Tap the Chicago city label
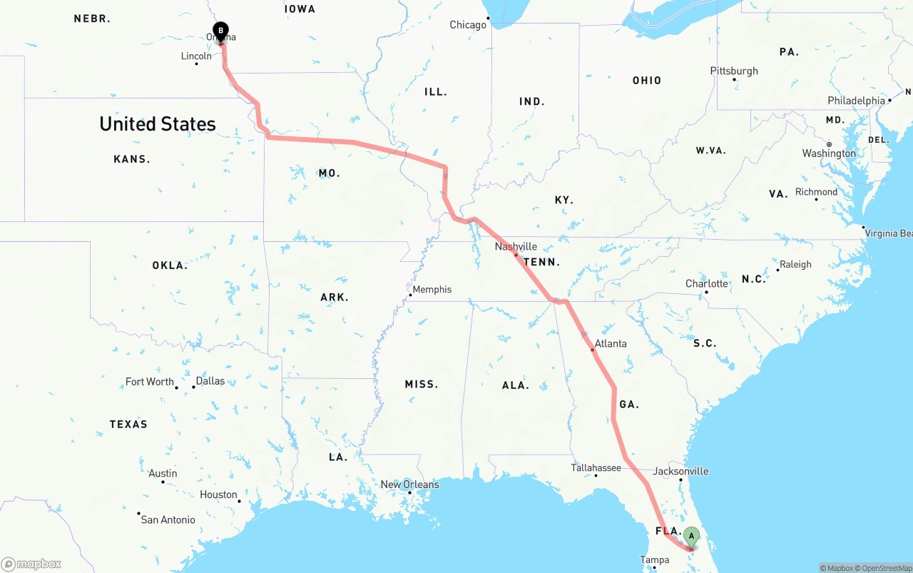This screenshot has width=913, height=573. click(x=468, y=25)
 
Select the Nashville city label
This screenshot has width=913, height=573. click(x=516, y=247)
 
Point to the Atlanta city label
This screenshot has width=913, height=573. click(x=611, y=343)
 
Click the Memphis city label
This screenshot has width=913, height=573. click(x=432, y=289)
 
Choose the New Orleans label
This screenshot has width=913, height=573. click(x=409, y=485)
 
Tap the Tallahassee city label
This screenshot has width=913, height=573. click(x=596, y=467)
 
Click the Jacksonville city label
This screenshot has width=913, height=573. click(x=680, y=471)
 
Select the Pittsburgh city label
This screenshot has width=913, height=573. click(x=734, y=71)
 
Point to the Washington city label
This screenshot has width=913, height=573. click(x=829, y=153)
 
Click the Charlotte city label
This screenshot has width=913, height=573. click(x=707, y=283)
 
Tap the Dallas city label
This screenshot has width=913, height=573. click(x=210, y=381)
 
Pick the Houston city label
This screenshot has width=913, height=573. click(x=218, y=495)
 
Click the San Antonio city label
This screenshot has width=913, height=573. click(x=168, y=519)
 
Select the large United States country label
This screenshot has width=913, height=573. click(x=158, y=124)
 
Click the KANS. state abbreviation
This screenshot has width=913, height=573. click(x=132, y=159)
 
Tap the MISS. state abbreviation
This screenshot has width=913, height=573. click(x=422, y=384)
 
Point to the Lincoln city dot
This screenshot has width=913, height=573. click(x=197, y=64)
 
